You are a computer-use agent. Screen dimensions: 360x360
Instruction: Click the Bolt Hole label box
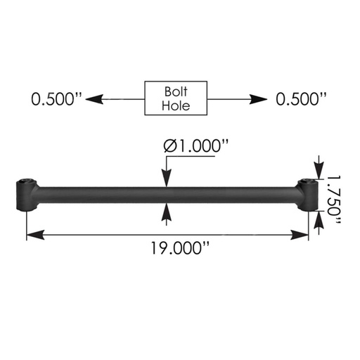point(176,98)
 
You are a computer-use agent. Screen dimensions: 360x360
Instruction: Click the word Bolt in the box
point(176,91)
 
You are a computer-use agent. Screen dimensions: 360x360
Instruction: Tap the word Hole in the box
point(176,106)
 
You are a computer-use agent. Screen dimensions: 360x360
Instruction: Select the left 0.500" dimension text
point(53,99)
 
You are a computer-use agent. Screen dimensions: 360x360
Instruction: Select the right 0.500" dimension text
point(301,99)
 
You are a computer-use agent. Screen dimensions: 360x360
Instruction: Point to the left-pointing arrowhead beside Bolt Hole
point(89,99)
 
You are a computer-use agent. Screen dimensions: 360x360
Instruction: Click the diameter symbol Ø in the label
point(169,147)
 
